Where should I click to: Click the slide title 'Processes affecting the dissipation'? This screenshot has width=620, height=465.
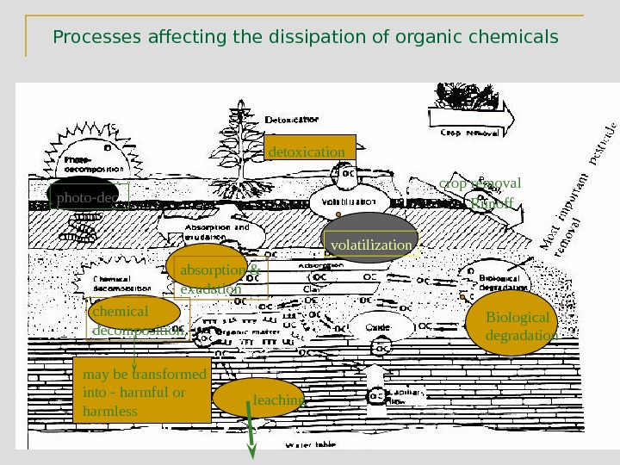click(x=305, y=38)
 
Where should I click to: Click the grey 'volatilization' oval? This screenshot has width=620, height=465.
click(x=370, y=239)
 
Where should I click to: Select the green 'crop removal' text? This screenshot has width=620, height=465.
click(x=479, y=183)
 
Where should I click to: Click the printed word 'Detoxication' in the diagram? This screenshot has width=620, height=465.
click(x=293, y=120)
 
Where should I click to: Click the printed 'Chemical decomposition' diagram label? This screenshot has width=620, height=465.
click(x=122, y=284)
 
